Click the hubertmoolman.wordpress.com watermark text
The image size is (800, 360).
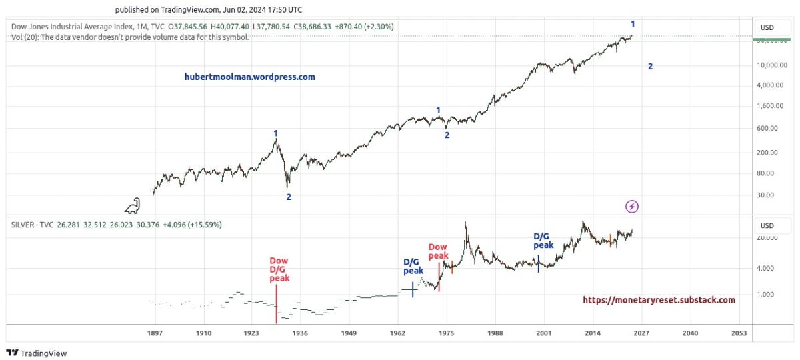pyautogui.click(x=250, y=77)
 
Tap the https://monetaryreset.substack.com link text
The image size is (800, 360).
pyautogui.click(x=659, y=300)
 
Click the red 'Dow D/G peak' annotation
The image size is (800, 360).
pyautogui.click(x=279, y=269)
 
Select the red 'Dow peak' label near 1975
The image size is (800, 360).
pyautogui.click(x=438, y=251)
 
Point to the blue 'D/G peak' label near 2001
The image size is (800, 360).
pyautogui.click(x=543, y=241)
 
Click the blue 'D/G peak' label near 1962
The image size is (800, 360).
pyautogui.click(x=413, y=267)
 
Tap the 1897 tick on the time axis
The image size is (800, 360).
pyautogui.click(x=155, y=333)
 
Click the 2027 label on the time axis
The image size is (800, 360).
pyautogui.click(x=641, y=333)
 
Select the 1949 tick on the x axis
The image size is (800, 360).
pyautogui.click(x=349, y=333)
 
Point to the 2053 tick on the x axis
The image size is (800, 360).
pyautogui.click(x=739, y=333)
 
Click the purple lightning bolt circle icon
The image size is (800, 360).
pyautogui.click(x=632, y=207)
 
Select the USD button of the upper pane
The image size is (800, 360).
pyautogui.click(x=767, y=28)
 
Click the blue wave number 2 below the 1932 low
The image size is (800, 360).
pyautogui.click(x=289, y=197)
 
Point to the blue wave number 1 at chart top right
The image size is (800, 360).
pyautogui.click(x=633, y=25)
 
